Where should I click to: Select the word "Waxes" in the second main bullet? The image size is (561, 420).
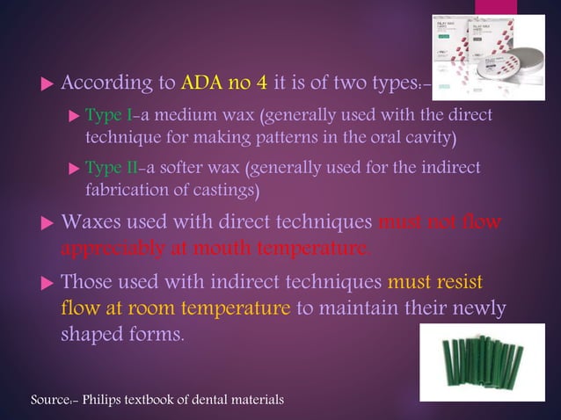pos(91,222)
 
